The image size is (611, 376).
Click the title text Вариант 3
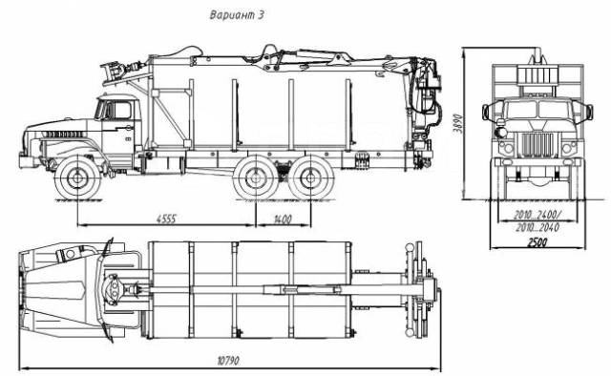click(x=237, y=15)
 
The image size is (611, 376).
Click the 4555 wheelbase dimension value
click(x=166, y=219)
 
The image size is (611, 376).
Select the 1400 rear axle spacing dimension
click(x=283, y=219)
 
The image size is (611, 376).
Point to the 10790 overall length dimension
click(x=228, y=361)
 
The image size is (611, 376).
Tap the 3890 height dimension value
click(x=458, y=123)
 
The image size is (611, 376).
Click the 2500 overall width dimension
click(x=537, y=242)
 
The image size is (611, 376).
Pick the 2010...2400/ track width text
click(x=537, y=215)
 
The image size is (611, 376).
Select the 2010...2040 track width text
click(x=537, y=227)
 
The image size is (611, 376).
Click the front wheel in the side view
click(x=77, y=178)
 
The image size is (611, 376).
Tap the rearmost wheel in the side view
click(x=310, y=178)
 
